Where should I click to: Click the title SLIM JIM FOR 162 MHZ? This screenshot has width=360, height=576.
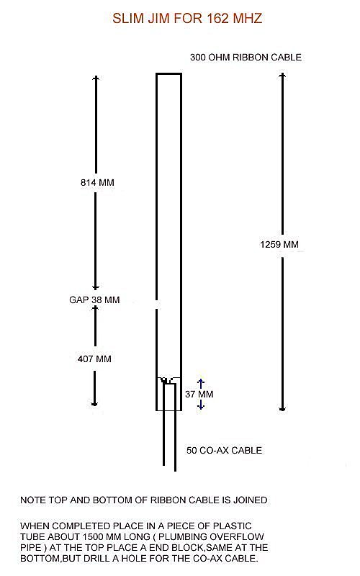tap(187, 19)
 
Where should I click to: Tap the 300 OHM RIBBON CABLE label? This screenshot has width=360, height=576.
tap(246, 58)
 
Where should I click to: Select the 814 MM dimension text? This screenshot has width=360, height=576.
tap(97, 183)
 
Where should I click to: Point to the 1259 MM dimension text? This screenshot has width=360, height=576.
tap(279, 245)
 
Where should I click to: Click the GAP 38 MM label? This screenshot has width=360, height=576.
tap(94, 300)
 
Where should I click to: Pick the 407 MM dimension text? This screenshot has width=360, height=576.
tap(94, 359)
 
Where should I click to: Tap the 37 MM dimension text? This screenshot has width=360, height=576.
tap(199, 394)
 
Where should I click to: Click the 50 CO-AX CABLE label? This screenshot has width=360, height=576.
tap(224, 451)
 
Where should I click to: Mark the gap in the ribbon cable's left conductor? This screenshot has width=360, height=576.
tap(157, 305)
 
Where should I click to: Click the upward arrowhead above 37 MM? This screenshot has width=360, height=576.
tap(201, 382)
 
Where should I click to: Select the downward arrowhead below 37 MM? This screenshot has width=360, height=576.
tap(201, 406)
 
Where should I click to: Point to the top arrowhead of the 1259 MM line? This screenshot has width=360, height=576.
tap(282, 76)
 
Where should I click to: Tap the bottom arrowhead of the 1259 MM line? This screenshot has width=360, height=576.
tap(282, 408)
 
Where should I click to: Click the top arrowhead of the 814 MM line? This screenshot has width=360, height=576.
tap(96, 78)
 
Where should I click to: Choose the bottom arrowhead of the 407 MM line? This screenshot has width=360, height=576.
tap(94, 403)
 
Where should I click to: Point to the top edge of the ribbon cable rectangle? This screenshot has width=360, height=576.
tap(169, 74)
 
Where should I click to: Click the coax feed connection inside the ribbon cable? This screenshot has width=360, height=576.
tap(168, 381)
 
